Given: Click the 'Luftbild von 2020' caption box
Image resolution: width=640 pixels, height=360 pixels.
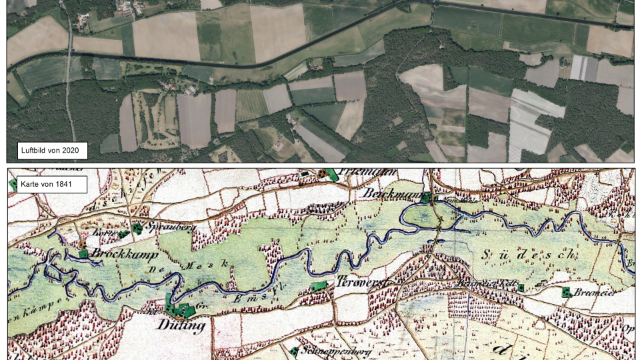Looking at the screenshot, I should pos(53,151).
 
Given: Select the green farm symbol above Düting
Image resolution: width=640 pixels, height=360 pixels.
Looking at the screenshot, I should pos(180,309).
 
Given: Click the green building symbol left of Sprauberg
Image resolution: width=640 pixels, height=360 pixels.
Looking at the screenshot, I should pos(138,228).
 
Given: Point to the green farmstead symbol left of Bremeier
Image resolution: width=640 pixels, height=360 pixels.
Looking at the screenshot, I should pos(566,292).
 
